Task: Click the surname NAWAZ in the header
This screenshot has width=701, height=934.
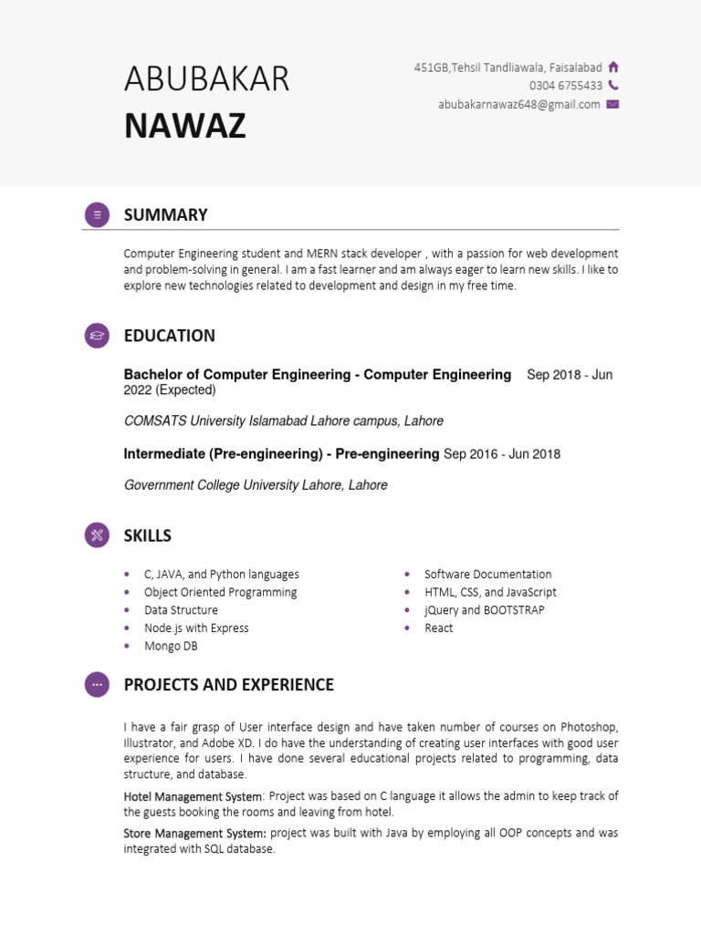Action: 185,126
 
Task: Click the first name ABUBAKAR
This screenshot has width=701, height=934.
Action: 206,80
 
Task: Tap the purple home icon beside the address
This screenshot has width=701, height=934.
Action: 613,67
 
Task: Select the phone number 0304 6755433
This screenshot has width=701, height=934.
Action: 565,86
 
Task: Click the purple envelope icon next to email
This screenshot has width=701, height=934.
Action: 612,104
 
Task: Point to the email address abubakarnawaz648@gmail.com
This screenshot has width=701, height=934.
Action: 518,104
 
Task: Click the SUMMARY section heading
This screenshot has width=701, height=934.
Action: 165,215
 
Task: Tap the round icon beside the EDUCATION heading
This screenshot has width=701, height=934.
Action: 97,336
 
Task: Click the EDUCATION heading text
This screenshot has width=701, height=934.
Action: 170,336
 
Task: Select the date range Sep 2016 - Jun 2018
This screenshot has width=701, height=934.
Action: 502,454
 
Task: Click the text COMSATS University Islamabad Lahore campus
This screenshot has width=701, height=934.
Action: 283,421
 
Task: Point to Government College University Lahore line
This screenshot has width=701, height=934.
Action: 256,485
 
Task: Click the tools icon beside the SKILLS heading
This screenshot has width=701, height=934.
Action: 97,535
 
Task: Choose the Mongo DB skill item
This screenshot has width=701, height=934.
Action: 171,646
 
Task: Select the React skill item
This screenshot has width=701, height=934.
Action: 438,628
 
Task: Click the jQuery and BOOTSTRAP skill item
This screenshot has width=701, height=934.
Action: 484,610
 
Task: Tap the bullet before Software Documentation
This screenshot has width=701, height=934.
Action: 407,575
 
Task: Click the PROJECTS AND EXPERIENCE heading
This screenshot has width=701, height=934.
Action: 228,684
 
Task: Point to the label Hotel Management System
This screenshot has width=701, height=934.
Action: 193,796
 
